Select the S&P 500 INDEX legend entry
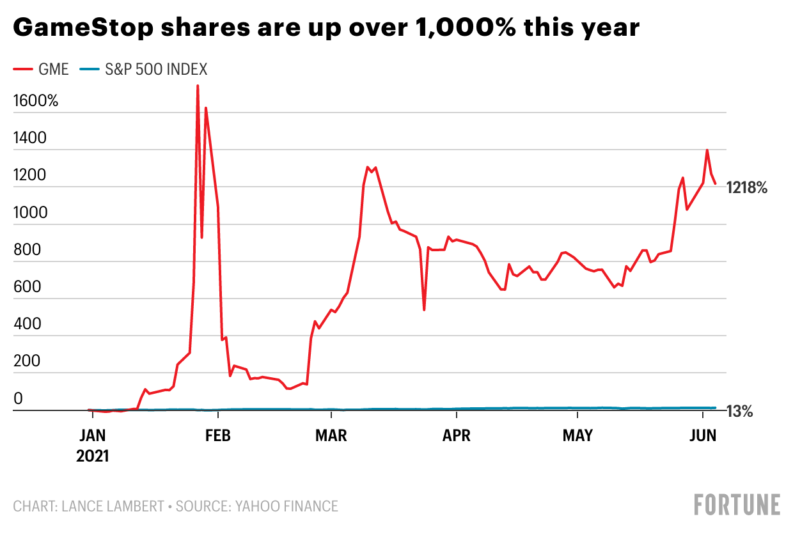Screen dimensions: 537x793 [146, 70]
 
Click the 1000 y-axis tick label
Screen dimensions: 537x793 [29, 212]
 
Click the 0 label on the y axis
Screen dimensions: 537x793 [19, 398]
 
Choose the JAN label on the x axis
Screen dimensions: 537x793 [93, 436]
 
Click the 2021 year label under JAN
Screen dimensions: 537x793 [93, 456]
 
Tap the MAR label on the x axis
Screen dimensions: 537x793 [331, 436]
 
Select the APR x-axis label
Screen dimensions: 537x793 [457, 436]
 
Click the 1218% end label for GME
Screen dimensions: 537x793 [747, 188]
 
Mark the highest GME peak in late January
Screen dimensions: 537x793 [198, 86]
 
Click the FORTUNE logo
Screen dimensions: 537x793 [737, 504]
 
